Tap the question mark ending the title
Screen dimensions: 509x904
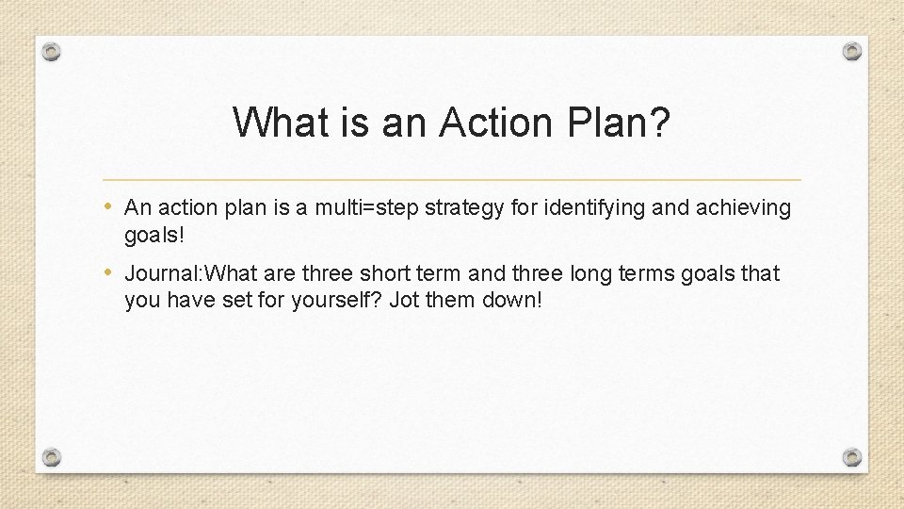661,123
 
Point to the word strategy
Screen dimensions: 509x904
459,207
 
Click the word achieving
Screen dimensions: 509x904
743,207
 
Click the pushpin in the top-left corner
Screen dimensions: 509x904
53,52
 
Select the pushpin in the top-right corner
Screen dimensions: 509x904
851,51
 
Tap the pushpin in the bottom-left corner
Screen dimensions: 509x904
53,457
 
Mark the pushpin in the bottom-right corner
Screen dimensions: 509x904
851,457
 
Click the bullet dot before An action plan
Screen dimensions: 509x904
111,206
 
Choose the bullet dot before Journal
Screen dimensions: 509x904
111,273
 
